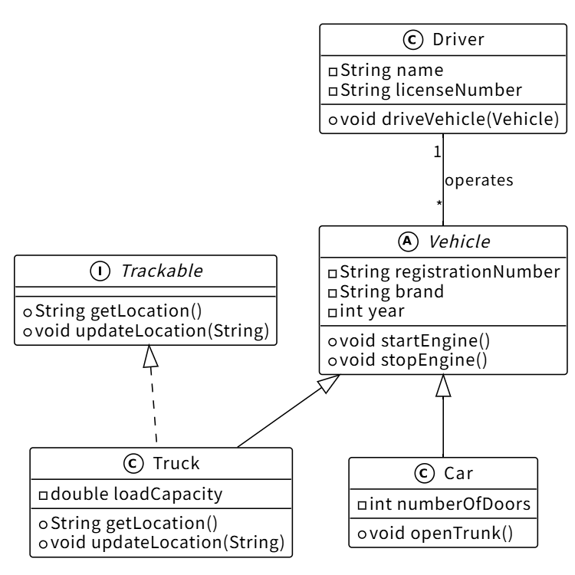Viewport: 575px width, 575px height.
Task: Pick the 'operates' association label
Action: [478, 181]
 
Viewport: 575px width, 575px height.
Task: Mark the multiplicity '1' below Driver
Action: [437, 152]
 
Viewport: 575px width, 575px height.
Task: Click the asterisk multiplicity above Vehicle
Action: [439, 204]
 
